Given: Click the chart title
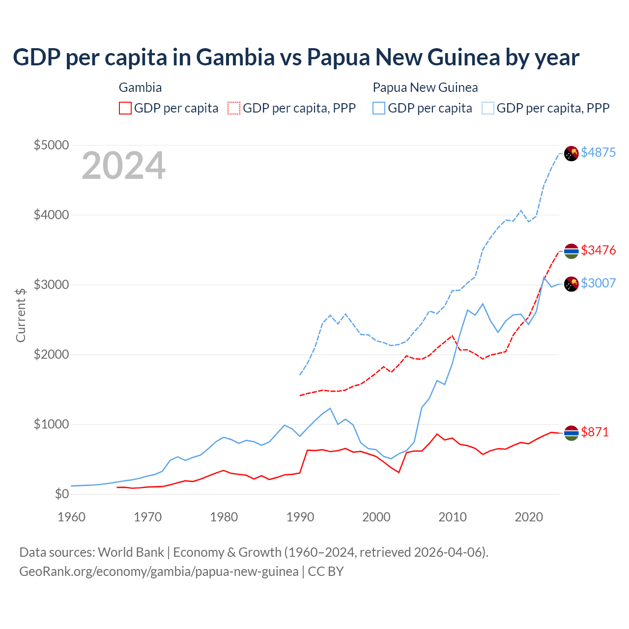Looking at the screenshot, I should pyautogui.click(x=296, y=57).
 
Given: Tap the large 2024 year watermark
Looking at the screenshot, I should pyautogui.click(x=123, y=166).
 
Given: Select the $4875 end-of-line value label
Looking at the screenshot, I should pyautogui.click(x=598, y=152).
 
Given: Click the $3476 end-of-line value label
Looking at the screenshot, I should pyautogui.click(x=598, y=250).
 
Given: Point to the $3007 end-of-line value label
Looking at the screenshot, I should pyautogui.click(x=598, y=283).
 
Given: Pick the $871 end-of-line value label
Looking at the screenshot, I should pyautogui.click(x=595, y=432).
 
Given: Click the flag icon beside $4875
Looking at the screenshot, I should pyautogui.click(x=571, y=153).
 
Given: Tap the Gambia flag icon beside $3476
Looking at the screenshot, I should pyautogui.click(x=571, y=251).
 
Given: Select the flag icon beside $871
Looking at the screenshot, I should pyautogui.click(x=571, y=433).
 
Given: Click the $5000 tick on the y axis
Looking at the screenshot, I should pyautogui.click(x=51, y=145).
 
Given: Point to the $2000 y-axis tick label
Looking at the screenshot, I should pyautogui.click(x=51, y=355).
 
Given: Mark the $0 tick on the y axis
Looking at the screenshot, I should pyautogui.click(x=61, y=494).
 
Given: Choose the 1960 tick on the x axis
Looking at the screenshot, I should pyautogui.click(x=72, y=517).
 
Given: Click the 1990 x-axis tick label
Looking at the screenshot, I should pyautogui.click(x=300, y=517).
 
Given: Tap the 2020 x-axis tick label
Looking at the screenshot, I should pyautogui.click(x=529, y=517).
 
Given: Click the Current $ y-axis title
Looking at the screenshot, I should pyautogui.click(x=21, y=315).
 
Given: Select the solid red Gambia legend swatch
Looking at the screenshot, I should pyautogui.click(x=125, y=108).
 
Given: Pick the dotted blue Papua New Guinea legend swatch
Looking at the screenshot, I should pyautogui.click(x=488, y=108).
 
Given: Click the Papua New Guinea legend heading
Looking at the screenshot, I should pyautogui.click(x=425, y=87).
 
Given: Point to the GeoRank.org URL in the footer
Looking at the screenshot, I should pyautogui.click(x=159, y=572).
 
